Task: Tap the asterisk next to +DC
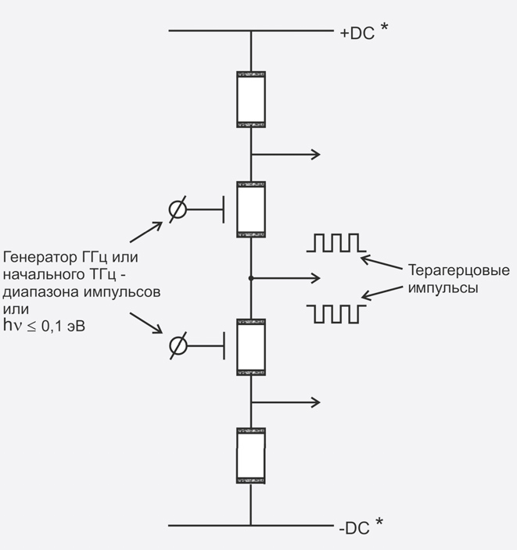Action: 383,30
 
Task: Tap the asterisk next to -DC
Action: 379,523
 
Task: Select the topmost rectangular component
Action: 251,99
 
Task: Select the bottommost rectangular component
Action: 251,455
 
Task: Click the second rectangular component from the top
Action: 251,209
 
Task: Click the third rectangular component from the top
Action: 251,347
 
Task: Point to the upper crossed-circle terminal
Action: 178,209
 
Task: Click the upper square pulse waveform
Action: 336,242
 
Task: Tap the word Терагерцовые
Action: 458,271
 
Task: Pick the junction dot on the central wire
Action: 251,277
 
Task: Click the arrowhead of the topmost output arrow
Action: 316,154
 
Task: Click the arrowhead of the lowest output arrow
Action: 316,402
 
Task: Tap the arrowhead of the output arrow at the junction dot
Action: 316,277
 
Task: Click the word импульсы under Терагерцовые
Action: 442,287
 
